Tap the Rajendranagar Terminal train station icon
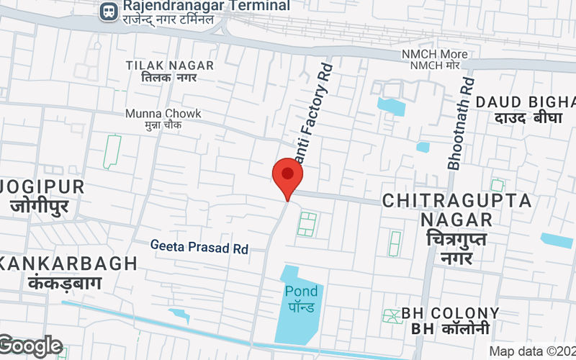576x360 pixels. (109, 11)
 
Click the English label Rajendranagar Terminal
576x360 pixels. (206, 6)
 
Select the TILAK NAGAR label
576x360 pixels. (170, 66)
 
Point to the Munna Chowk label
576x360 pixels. (163, 114)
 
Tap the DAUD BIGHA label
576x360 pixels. (527, 101)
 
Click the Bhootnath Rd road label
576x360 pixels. (462, 123)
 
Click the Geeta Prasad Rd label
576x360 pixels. (199, 247)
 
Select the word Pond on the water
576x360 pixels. (300, 291)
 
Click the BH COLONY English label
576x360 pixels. (450, 313)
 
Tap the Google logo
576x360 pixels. (31, 346)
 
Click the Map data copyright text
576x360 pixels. (532, 351)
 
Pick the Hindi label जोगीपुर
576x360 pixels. (40, 207)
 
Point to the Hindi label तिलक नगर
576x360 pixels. (170, 78)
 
